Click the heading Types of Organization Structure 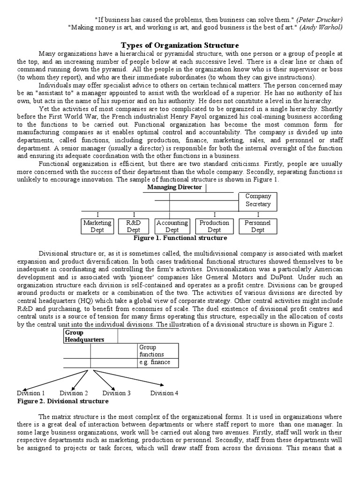[180, 45]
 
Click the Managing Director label [174, 187]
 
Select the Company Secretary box [258, 201]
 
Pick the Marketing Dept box [97, 226]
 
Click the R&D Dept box [134, 226]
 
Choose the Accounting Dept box [172, 226]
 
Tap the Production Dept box [214, 226]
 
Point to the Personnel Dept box [258, 226]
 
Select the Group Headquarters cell [90, 336]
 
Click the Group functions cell [157, 351]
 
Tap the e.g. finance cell [157, 362]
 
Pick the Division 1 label [31, 393]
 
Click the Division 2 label [74, 393]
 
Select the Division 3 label [117, 393]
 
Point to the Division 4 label [164, 393]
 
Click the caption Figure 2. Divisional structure [63, 401]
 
